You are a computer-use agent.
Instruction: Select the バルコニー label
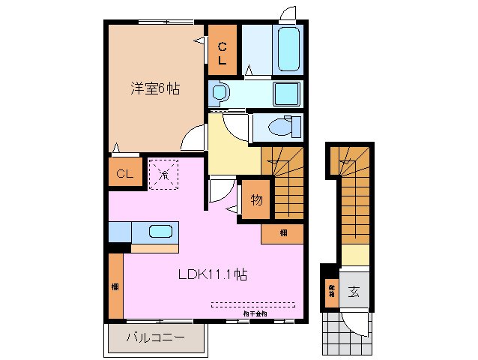coord(155,338)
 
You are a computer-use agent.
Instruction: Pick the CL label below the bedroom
coord(124,175)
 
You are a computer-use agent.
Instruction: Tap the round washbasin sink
coord(219,94)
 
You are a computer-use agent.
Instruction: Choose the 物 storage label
coord(255,200)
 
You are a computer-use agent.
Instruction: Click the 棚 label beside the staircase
coord(282,232)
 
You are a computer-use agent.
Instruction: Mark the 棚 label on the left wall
coord(115,286)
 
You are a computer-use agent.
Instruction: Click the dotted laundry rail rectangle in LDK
coord(253,304)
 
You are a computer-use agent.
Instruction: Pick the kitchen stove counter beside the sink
coord(120,232)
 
